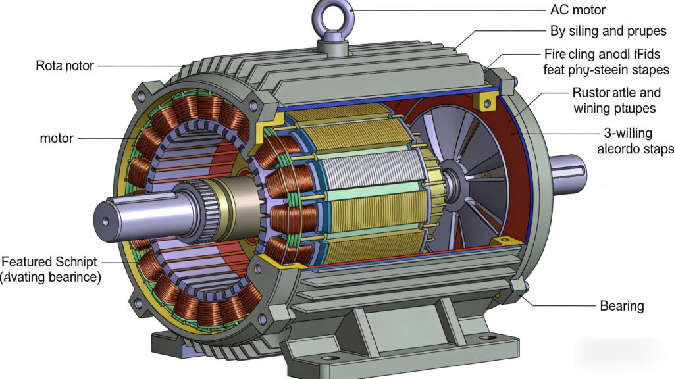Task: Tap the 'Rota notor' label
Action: pyautogui.click(x=65, y=66)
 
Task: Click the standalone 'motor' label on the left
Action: pyautogui.click(x=57, y=139)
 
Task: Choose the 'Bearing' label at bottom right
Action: pyautogui.click(x=621, y=306)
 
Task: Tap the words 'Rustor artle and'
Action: pyautogui.click(x=614, y=93)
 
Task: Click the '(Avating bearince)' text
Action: pyautogui.click(x=51, y=278)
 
